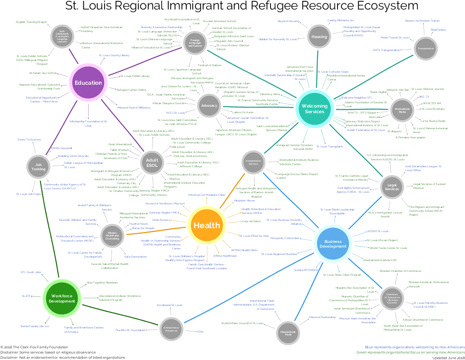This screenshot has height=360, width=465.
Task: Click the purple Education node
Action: click(x=88, y=83)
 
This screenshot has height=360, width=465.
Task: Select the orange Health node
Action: click(x=207, y=225)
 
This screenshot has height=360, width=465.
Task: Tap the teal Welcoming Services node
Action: click(x=314, y=108)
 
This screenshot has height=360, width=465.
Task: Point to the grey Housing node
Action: click(x=319, y=37)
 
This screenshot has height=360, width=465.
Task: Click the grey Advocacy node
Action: click(x=209, y=106)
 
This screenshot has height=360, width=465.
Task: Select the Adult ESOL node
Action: click(x=152, y=163)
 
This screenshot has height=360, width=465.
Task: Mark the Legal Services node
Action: click(x=392, y=186)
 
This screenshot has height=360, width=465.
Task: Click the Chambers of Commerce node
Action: click(x=392, y=299)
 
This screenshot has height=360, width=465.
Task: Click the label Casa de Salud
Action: click(x=251, y=221)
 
